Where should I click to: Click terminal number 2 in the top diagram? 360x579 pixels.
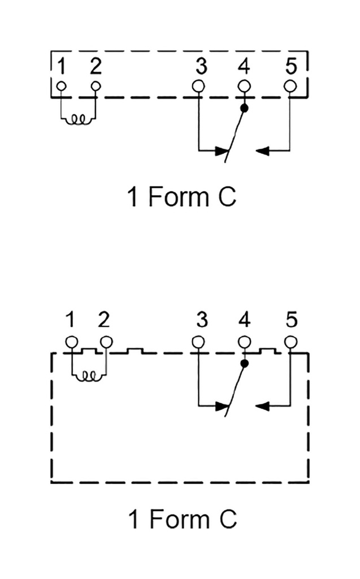[x=96, y=67]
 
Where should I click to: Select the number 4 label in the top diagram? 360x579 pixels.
[x=244, y=67]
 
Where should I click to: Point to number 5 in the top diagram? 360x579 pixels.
[x=290, y=67]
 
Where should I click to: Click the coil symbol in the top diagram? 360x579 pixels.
[x=79, y=119]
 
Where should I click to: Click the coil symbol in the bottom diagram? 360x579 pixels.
[x=89, y=375]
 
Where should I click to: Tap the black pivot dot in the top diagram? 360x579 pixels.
[x=244, y=107]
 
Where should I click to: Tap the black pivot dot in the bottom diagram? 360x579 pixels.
[x=244, y=363]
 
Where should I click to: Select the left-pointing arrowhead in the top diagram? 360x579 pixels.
[x=263, y=150]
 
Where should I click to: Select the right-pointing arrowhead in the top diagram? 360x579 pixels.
[x=222, y=150]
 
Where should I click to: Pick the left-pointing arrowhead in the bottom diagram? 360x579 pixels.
[x=263, y=405]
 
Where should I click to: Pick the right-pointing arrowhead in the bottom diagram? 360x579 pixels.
[x=222, y=405]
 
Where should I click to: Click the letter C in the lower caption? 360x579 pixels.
[x=227, y=519]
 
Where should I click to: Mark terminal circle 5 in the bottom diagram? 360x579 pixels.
[x=290, y=342]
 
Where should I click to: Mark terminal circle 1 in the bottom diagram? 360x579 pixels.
[x=71, y=342]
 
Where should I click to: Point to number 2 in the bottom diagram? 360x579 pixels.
[x=103, y=321]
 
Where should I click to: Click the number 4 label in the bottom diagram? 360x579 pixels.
[x=244, y=321]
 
